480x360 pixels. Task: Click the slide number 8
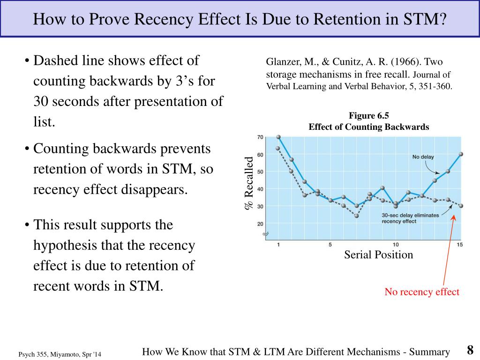(x=470, y=350)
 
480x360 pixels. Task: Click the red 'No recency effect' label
(x=422, y=292)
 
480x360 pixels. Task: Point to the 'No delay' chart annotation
(x=422, y=157)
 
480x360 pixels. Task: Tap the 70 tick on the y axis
(x=260, y=137)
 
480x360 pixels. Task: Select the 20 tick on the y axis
(x=260, y=224)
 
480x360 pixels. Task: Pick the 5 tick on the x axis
(x=330, y=245)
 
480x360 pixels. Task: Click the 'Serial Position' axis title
(x=379, y=255)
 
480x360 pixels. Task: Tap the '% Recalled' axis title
(x=248, y=183)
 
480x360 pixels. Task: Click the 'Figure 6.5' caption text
(x=369, y=116)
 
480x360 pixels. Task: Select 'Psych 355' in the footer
(x=34, y=355)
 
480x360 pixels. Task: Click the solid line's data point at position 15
(x=461, y=154)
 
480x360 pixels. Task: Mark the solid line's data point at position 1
(x=278, y=137)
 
